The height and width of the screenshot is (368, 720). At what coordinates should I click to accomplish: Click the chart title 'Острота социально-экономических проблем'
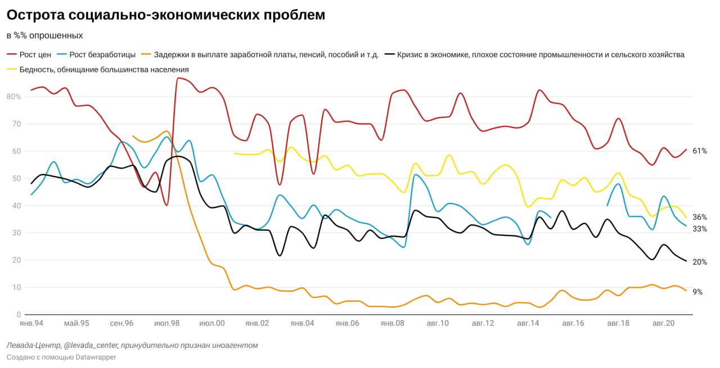(x=166, y=15)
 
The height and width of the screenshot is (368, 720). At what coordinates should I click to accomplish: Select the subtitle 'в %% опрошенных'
(x=45, y=35)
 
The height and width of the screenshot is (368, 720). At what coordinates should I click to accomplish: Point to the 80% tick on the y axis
(x=13, y=97)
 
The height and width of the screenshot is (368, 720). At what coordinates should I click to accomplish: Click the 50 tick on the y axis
(x=16, y=178)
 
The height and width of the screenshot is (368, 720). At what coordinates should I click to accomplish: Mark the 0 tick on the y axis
(x=19, y=315)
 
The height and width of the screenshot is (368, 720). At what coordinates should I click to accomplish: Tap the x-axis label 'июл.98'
(x=166, y=324)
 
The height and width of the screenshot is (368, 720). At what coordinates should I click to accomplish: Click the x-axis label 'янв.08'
(x=392, y=324)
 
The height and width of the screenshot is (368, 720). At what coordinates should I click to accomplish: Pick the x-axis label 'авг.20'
(x=663, y=324)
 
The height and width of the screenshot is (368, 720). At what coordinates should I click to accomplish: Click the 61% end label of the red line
(x=700, y=151)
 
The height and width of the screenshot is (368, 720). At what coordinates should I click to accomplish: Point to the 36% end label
(x=700, y=217)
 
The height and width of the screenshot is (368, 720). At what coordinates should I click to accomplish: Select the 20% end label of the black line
(x=700, y=262)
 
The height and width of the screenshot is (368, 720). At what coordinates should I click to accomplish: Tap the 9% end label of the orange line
(x=697, y=292)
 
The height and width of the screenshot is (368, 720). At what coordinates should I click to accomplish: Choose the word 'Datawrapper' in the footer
(x=96, y=357)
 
